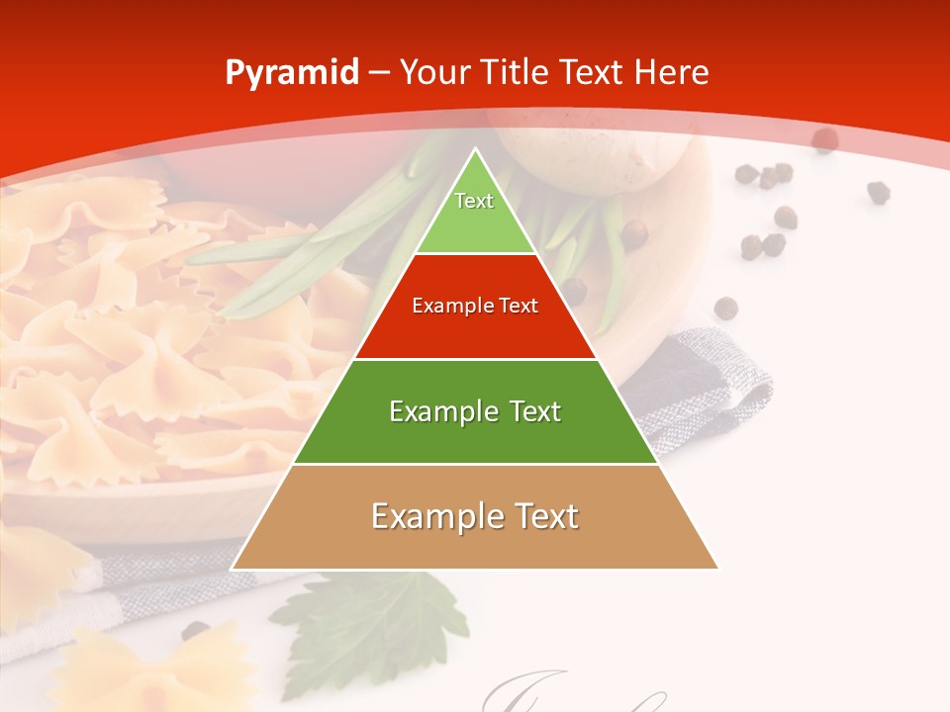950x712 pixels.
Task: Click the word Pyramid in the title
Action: point(292,73)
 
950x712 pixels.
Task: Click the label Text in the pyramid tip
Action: point(474,201)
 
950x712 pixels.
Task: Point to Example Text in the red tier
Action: point(475,306)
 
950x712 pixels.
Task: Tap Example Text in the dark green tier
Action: point(475,411)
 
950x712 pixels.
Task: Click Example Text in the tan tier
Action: point(475,516)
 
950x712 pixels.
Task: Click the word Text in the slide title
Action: point(594,72)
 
